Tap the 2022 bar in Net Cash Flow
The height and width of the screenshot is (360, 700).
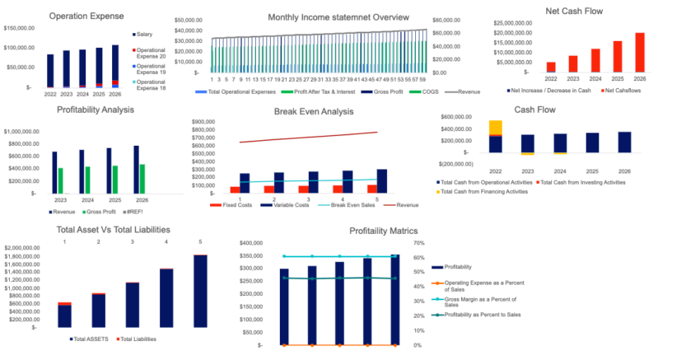pyautogui.click(x=551, y=67)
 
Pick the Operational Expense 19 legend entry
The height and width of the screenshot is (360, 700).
pyautogui.click(x=150, y=68)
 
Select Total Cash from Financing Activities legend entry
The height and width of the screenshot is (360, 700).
pyautogui.click(x=485, y=191)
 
